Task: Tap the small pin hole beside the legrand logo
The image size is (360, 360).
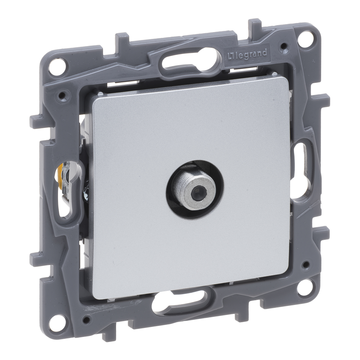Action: click(284, 46)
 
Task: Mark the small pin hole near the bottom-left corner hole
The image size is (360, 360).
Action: click(85, 319)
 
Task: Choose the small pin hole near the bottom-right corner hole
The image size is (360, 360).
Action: click(306, 264)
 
